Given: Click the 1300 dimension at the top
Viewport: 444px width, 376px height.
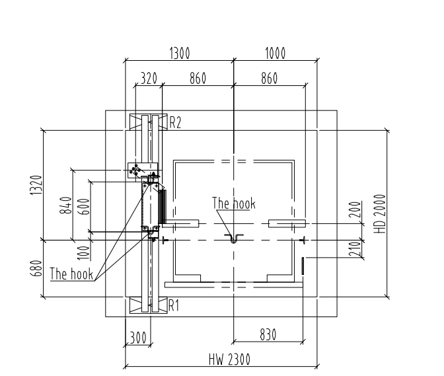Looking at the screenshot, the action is click(180, 54).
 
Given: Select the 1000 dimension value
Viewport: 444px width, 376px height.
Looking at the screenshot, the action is click(276, 54).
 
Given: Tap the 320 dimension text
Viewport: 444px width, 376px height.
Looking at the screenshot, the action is click(149, 78).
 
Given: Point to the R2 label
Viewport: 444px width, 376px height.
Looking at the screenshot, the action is click(175, 123).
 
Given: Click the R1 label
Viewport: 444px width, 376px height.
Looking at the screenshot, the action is click(174, 306).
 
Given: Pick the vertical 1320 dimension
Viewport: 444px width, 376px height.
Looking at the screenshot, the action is click(36, 185).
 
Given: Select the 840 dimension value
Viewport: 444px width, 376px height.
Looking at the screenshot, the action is click(65, 206).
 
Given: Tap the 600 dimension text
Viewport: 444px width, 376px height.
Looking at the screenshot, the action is click(84, 206).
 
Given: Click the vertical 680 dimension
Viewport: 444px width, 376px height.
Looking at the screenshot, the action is click(36, 268).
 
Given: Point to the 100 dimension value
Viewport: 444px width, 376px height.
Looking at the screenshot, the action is click(84, 253).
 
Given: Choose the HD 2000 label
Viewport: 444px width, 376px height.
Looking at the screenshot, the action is click(380, 213).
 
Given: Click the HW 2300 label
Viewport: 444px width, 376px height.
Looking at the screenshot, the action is click(230, 359).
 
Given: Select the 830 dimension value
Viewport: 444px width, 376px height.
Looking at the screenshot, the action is click(268, 334).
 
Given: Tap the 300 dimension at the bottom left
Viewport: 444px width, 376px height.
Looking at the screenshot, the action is click(138, 337).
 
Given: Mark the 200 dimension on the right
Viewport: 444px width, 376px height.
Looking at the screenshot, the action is click(355, 209).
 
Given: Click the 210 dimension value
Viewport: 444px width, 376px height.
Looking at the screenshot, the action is click(355, 249).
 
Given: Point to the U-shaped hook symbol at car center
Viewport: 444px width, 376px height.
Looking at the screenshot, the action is click(234, 239).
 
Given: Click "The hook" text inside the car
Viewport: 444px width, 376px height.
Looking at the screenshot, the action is click(234, 204).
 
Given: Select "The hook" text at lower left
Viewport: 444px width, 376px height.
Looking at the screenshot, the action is click(71, 274).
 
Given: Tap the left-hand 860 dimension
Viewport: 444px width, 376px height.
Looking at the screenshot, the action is click(198, 78).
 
